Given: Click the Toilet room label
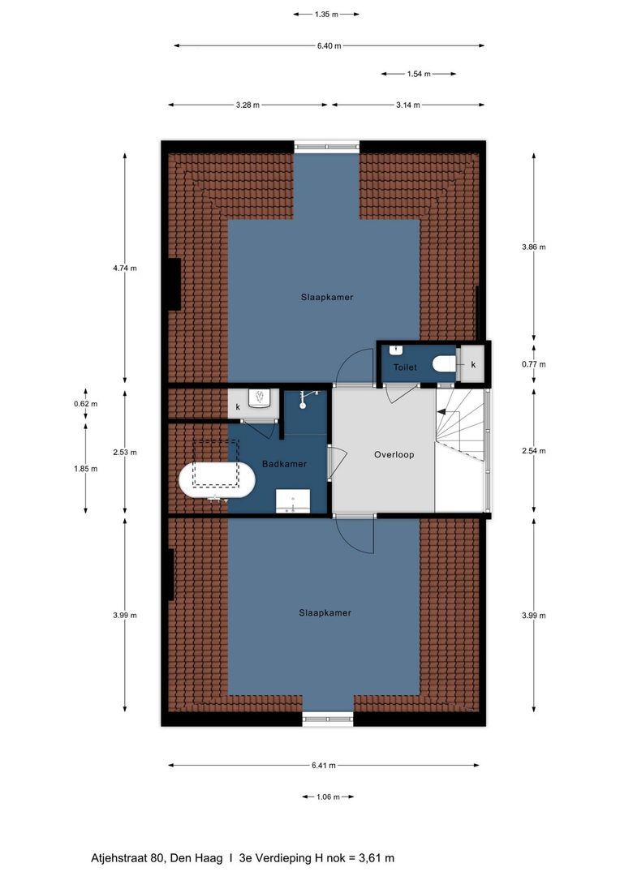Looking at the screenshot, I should coord(405,367).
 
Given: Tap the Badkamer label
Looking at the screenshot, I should coord(284,464).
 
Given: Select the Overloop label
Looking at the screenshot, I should coord(394,454).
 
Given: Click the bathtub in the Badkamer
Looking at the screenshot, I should coord(216,479).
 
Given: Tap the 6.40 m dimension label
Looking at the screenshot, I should coord(329,45).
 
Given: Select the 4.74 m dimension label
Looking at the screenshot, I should coord(124,268).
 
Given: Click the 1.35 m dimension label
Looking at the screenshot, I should coord(325,14).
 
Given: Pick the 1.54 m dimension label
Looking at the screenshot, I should coord(418,74).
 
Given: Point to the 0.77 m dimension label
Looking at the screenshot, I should coord(533,364).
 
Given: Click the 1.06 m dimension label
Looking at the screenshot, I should coord(328,797).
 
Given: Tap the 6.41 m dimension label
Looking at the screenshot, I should coord(324,765).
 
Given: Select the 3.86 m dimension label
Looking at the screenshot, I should coord(533,247).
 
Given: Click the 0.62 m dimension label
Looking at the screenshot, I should coord(85,403).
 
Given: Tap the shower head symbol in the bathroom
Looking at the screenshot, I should coord(305,398).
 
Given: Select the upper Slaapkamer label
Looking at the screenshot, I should coord(325,298).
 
